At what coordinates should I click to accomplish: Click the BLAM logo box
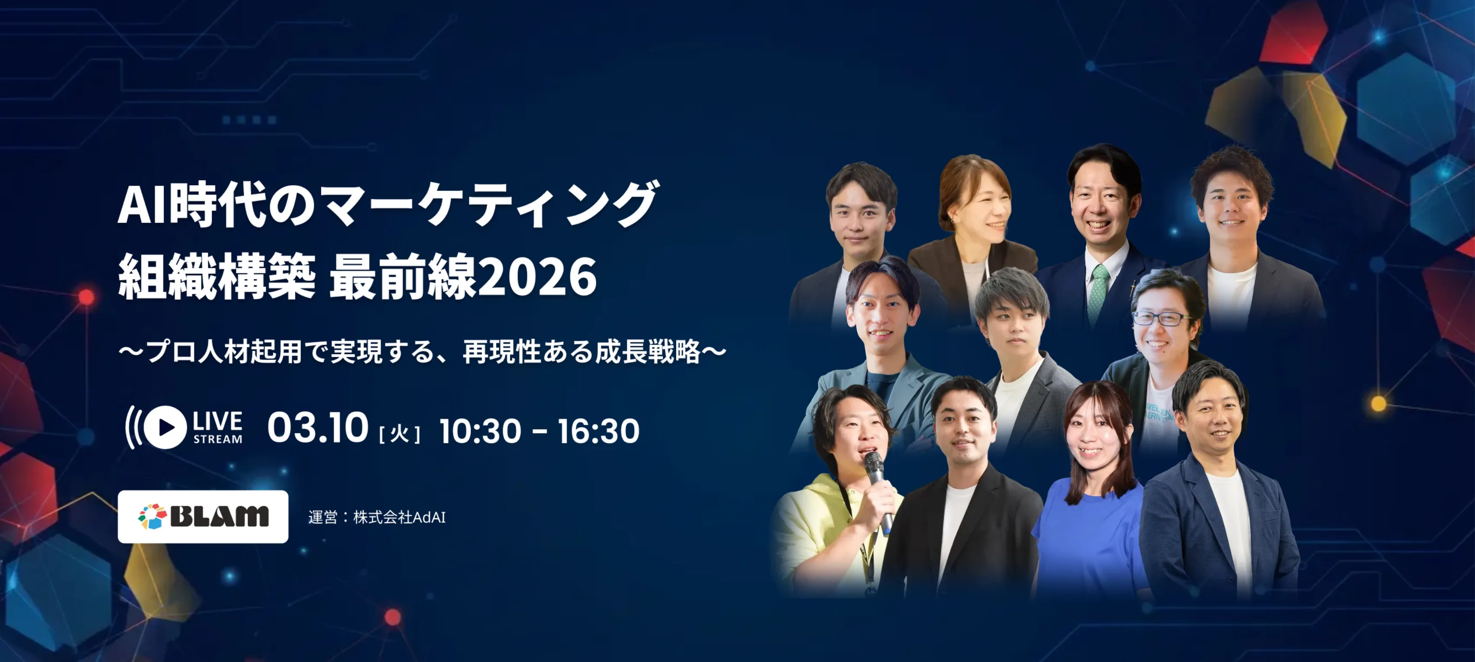point(203,517)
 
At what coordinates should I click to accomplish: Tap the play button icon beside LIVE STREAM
point(165,427)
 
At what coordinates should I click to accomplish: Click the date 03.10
point(317,428)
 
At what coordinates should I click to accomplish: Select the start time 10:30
point(480,431)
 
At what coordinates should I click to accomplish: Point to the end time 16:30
point(598,431)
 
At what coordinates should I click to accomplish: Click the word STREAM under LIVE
point(217,440)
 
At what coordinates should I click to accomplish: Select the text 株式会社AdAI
point(399,517)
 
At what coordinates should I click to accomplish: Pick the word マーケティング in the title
point(487,205)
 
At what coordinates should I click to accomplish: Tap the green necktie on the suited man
point(1098,292)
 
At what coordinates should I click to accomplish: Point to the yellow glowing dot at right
point(1379,404)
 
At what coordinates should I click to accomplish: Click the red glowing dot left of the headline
point(86,297)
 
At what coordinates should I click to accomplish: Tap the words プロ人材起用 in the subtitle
point(223,351)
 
